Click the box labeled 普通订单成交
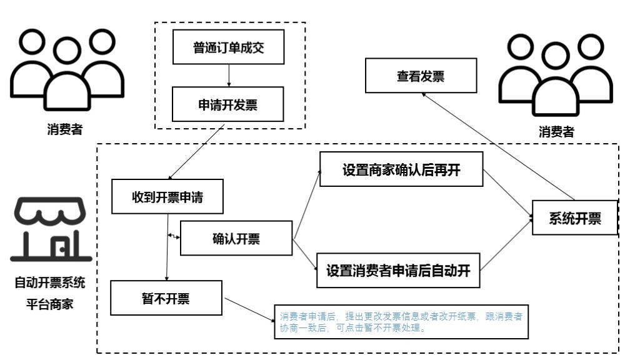coord(228,48)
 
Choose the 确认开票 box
coord(236,238)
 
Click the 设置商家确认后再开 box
coord(401,169)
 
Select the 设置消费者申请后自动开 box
coord(397,271)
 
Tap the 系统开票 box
coord(574,217)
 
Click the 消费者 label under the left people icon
coord(64,130)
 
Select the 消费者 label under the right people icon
coord(556,132)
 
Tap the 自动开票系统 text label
coord(50,282)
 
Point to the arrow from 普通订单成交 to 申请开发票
coord(229,75)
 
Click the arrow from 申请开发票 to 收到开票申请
coord(196,152)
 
